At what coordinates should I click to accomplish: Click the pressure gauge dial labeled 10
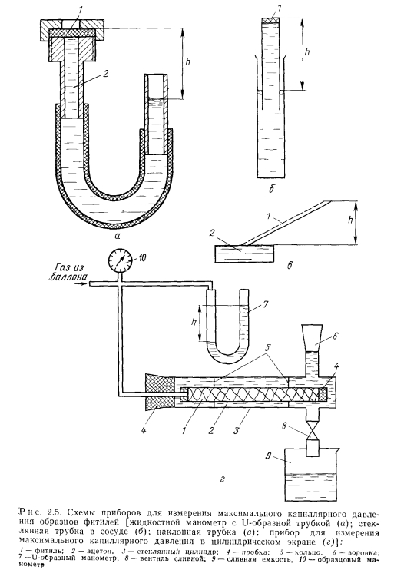pyautogui.click(x=121, y=260)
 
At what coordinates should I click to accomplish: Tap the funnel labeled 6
pyautogui.click(x=313, y=337)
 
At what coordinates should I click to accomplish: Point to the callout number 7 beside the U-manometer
pyautogui.click(x=266, y=304)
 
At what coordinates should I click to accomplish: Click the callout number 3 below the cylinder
pyautogui.click(x=237, y=431)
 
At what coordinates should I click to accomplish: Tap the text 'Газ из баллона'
pyautogui.click(x=68, y=273)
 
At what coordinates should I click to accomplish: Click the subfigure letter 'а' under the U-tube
pyautogui.click(x=117, y=237)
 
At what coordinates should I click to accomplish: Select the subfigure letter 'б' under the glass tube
pyautogui.click(x=271, y=189)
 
